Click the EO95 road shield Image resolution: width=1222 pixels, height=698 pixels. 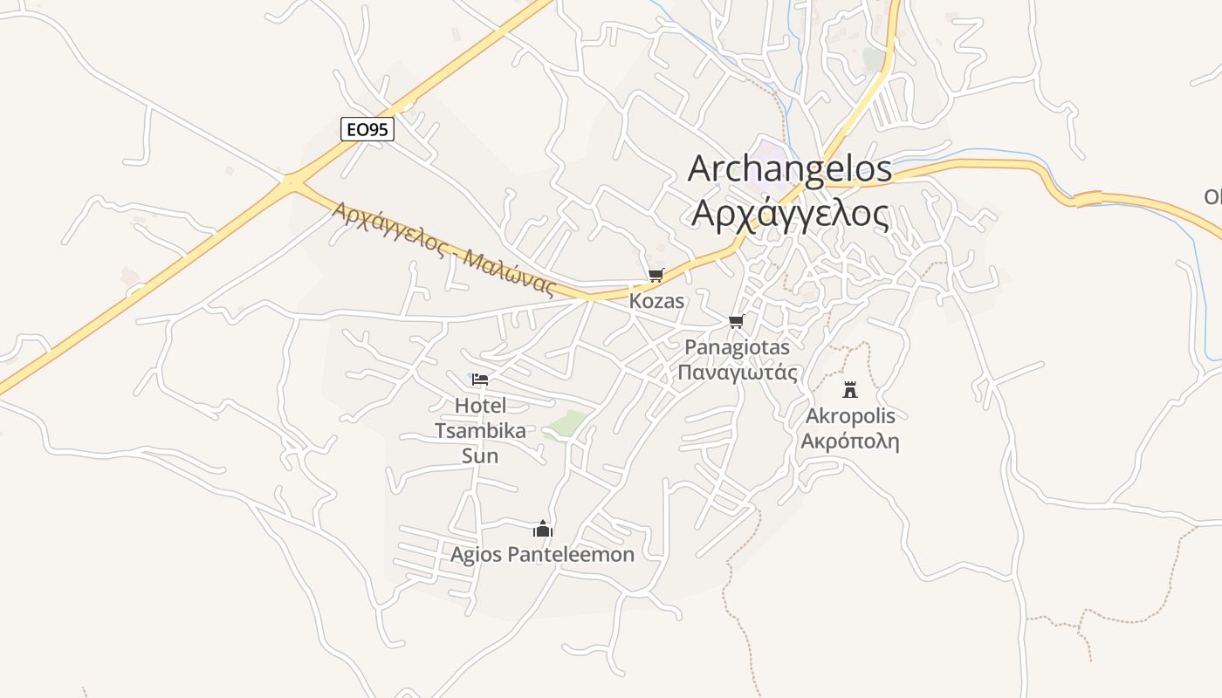pyautogui.click(x=367, y=130)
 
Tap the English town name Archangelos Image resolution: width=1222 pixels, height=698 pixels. pyautogui.click(x=790, y=169)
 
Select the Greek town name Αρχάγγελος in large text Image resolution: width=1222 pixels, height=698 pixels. pyautogui.click(x=790, y=213)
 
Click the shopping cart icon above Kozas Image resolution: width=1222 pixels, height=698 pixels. pyautogui.click(x=656, y=276)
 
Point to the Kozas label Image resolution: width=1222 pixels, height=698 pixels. pyautogui.click(x=656, y=301)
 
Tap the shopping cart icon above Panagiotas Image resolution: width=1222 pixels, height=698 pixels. pyautogui.click(x=737, y=322)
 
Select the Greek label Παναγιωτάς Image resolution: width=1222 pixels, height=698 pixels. pyautogui.click(x=738, y=373)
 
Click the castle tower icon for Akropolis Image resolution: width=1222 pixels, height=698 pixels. pyautogui.click(x=849, y=390)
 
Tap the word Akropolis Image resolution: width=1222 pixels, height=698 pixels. pyautogui.click(x=850, y=415)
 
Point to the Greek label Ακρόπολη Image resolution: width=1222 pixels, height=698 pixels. pyautogui.click(x=850, y=441)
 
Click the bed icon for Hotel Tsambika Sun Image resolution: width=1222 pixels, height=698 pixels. pyautogui.click(x=480, y=380)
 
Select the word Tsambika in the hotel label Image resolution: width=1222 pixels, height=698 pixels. pyautogui.click(x=480, y=431)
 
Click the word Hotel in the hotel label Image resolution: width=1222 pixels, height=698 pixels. pyautogui.click(x=480, y=406)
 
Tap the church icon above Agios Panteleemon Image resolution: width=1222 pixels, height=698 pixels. pyautogui.click(x=543, y=529)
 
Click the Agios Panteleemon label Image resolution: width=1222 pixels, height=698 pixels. pyautogui.click(x=542, y=554)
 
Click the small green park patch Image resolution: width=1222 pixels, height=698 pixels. pyautogui.click(x=566, y=424)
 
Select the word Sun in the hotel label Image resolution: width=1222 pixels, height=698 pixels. pyautogui.click(x=480, y=456)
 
